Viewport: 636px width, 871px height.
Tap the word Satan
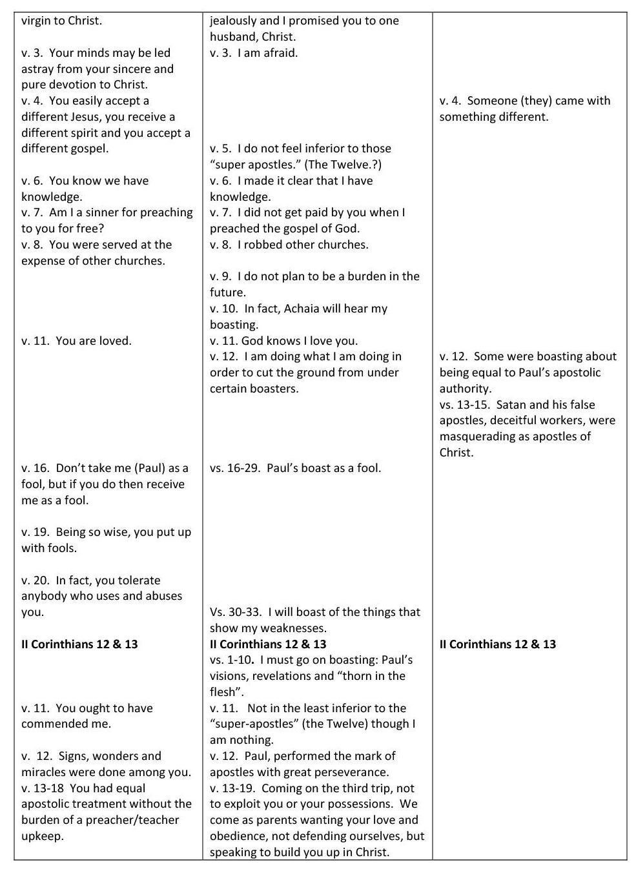(511, 405)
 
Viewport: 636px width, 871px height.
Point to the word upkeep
(43, 836)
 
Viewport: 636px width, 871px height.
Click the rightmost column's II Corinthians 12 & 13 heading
(497, 644)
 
